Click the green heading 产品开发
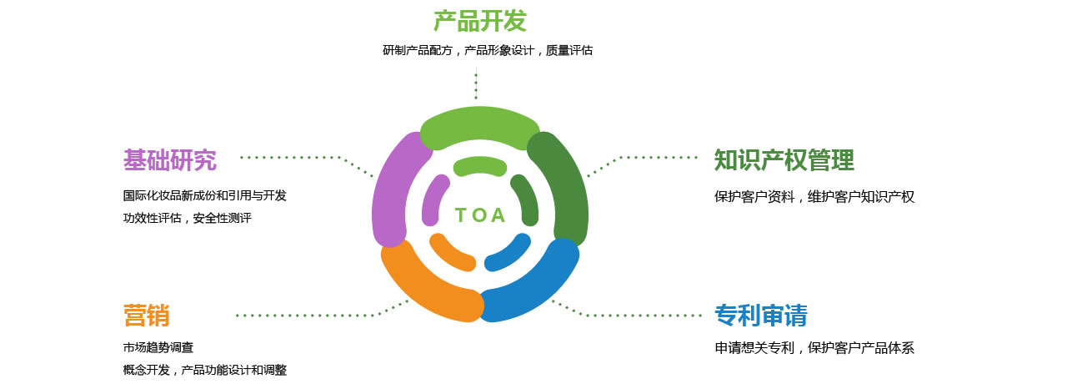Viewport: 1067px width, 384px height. coord(479,21)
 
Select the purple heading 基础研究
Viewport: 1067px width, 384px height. coord(170,159)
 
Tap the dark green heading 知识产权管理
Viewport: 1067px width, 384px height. coord(784,159)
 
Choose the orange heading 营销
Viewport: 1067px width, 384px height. coord(147,316)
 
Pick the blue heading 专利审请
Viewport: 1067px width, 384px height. coord(761,316)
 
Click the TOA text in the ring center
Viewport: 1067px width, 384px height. coord(480,215)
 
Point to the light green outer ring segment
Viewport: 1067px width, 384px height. coord(479,125)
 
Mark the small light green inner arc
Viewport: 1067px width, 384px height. coord(479,165)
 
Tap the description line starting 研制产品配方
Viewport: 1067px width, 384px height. coord(488,51)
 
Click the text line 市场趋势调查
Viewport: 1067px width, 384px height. coord(158,348)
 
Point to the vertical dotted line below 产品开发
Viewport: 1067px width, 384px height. coord(476,83)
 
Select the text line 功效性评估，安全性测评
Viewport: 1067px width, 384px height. coord(188,218)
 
